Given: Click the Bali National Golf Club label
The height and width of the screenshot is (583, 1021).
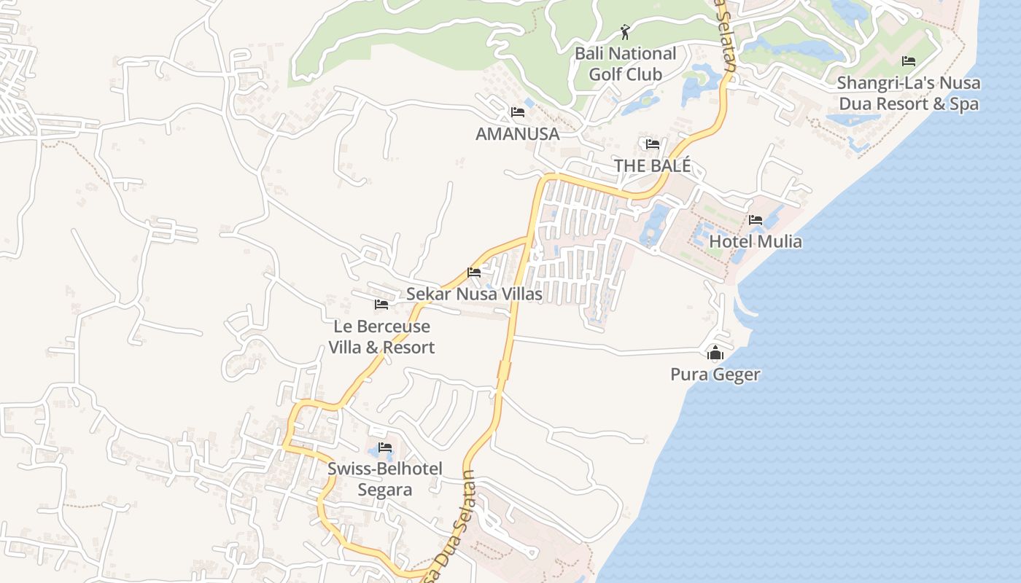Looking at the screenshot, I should [625, 63].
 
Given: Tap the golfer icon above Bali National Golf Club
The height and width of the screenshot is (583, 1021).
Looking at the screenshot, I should [625, 32].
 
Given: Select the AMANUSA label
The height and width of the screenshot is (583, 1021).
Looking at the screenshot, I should [517, 134].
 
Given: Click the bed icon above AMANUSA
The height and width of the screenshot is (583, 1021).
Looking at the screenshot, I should [517, 112].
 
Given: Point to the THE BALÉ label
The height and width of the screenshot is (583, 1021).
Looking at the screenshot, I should [652, 165].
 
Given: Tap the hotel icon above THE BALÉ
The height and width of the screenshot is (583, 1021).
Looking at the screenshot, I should [652, 144].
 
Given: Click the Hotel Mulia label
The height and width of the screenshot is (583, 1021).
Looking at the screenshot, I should [756, 241].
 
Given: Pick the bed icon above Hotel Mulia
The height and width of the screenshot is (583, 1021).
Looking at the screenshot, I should [756, 219].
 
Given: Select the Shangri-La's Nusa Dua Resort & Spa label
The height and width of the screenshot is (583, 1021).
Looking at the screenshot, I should [908, 93].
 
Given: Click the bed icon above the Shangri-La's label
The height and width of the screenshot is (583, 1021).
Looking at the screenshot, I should [908, 61].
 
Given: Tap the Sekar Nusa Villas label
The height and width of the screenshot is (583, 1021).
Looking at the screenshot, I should [474, 294].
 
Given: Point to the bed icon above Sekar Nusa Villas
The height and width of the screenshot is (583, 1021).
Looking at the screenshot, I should [474, 273].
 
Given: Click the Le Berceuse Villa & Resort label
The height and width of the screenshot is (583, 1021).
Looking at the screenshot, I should [381, 337].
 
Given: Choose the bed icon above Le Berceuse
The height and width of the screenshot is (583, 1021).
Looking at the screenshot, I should [381, 305].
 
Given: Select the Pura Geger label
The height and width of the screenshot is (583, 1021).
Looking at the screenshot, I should [715, 375].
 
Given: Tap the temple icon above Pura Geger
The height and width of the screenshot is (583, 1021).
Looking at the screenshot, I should [715, 354].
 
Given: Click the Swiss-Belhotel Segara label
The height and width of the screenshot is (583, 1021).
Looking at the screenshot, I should [384, 479].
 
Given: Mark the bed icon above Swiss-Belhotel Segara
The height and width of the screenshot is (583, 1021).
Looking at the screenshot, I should [384, 447].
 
